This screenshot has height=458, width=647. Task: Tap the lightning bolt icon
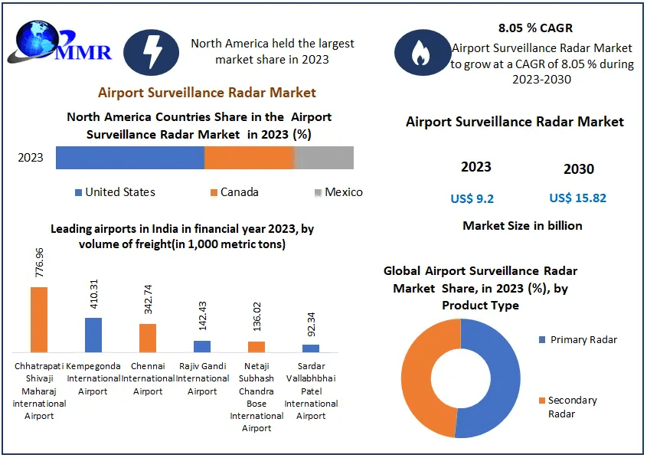[152, 52]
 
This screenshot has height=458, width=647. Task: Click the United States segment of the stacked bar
[129, 158]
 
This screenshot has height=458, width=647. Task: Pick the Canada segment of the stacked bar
[250, 158]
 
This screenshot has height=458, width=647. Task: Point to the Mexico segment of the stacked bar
[325, 158]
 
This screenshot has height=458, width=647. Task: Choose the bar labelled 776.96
[39, 319]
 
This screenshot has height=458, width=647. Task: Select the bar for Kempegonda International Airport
[93, 335]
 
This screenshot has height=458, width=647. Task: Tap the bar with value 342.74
[148, 338]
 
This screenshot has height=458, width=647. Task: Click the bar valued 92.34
[311, 348]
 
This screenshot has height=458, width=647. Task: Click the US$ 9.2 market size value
[472, 199]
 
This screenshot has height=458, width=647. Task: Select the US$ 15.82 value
[577, 198]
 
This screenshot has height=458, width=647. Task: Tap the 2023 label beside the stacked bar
[31, 158]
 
